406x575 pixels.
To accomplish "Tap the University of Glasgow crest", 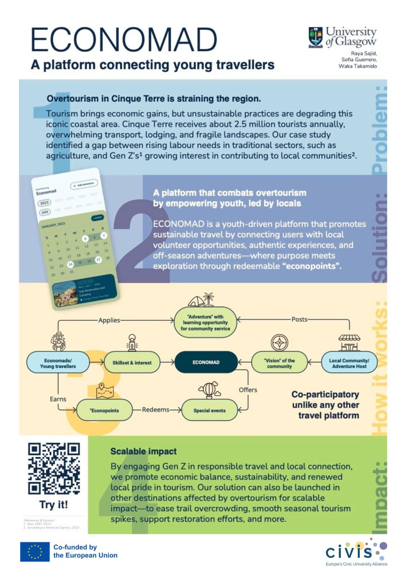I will click(316, 37).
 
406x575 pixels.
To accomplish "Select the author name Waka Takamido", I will click(358, 66).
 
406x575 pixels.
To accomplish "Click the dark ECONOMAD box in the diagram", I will click(206, 362).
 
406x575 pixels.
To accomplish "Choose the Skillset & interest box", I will click(132, 363).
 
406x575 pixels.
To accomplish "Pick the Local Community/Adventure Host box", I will click(349, 363).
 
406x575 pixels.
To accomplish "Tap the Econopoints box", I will click(104, 410).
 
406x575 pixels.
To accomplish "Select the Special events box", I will click(209, 410).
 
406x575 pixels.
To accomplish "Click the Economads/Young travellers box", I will click(58, 363).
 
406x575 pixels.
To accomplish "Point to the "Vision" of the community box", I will click(279, 363).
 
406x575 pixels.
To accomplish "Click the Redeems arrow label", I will click(155, 410).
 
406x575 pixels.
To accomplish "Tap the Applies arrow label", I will click(109, 320).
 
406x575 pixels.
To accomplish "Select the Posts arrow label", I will click(299, 319).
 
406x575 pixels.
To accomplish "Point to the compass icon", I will click(280, 343).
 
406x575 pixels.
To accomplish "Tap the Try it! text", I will click(54, 505).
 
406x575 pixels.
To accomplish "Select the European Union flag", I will click(35, 552).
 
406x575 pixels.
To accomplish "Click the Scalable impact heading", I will click(144, 451).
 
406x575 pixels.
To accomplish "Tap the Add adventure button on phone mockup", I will click(84, 184).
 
